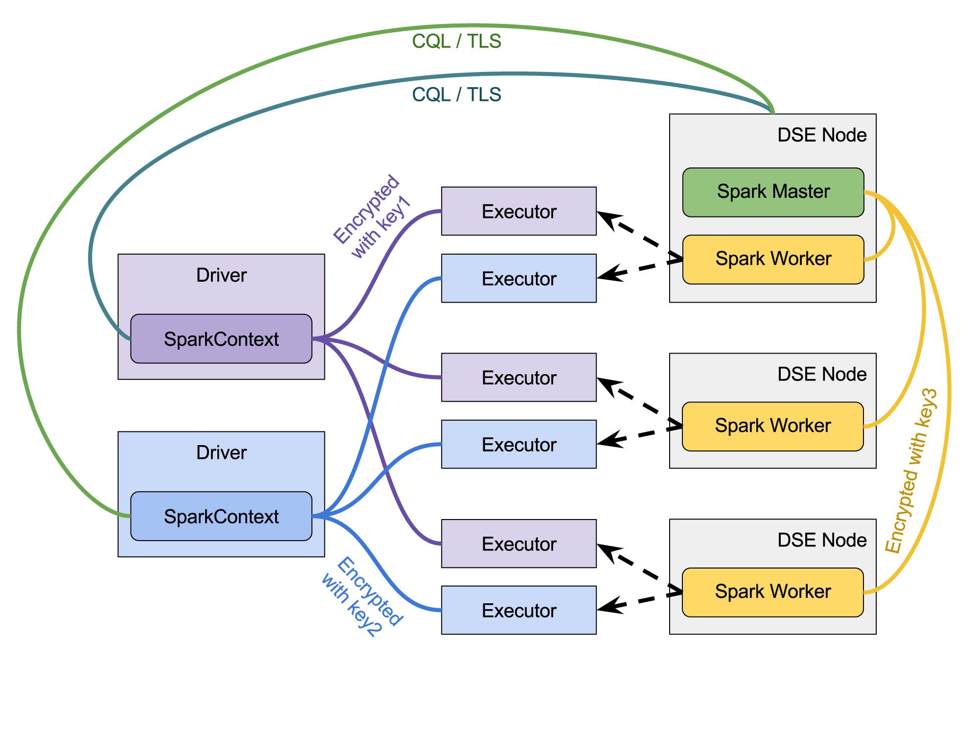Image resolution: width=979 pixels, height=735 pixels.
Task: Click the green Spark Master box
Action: pyautogui.click(x=773, y=192)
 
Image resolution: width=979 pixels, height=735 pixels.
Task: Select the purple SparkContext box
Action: pyautogui.click(x=221, y=339)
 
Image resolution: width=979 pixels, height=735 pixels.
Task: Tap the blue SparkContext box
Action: pyautogui.click(x=221, y=516)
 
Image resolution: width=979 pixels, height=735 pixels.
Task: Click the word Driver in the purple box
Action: pyautogui.click(x=221, y=275)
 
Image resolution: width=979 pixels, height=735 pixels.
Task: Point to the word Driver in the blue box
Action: pyautogui.click(x=221, y=452)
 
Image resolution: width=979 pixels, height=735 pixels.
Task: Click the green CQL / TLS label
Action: pyautogui.click(x=456, y=41)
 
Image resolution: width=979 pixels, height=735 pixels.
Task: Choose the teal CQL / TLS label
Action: pyautogui.click(x=456, y=95)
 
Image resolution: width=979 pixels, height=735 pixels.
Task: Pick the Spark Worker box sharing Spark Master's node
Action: pyautogui.click(x=773, y=259)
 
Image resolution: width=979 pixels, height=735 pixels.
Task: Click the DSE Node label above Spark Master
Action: pyautogui.click(x=822, y=135)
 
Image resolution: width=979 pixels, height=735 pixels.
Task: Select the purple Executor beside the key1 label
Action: pyautogui.click(x=519, y=211)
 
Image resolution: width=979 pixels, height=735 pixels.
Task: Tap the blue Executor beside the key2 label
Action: pyautogui.click(x=519, y=610)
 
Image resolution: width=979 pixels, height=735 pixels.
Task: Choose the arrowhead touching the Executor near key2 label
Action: pyautogui.click(x=607, y=606)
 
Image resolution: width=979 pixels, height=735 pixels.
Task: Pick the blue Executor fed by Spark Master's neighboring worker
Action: pyautogui.click(x=519, y=278)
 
